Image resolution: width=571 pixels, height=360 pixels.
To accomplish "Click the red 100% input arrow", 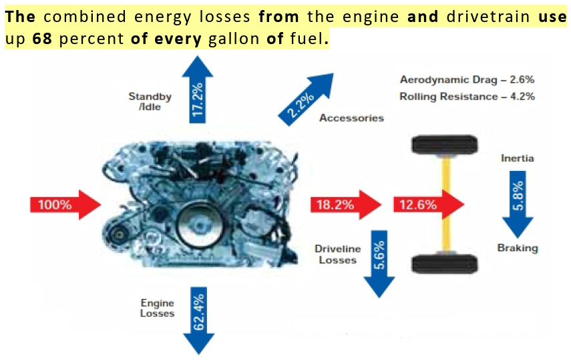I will pyautogui.click(x=64, y=204).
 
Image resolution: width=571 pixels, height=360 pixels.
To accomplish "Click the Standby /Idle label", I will pyautogui.click(x=150, y=102).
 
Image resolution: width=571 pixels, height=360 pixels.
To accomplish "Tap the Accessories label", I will pyautogui.click(x=351, y=118).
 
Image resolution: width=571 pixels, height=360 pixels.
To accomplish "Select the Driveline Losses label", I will pyautogui.click(x=337, y=254).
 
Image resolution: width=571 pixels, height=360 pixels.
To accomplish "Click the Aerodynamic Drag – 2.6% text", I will pyautogui.click(x=467, y=80).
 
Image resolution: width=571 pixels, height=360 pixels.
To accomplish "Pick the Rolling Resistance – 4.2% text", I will pyautogui.click(x=467, y=96).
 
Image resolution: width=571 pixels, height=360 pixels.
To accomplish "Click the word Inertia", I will pyautogui.click(x=518, y=159).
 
